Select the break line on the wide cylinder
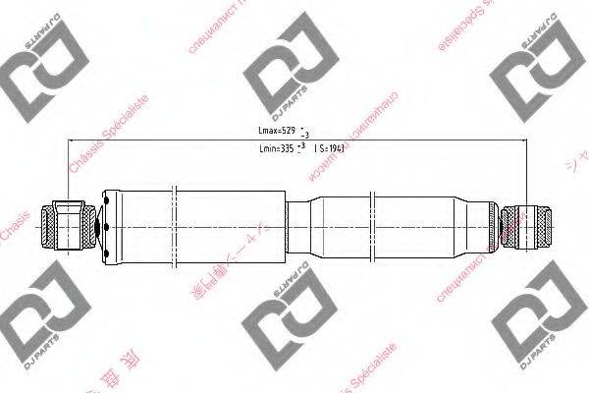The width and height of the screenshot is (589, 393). (173, 226)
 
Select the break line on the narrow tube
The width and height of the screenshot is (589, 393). (374, 226)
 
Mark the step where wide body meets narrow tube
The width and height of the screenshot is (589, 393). (288, 226)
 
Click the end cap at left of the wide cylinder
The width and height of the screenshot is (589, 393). (110, 226)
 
